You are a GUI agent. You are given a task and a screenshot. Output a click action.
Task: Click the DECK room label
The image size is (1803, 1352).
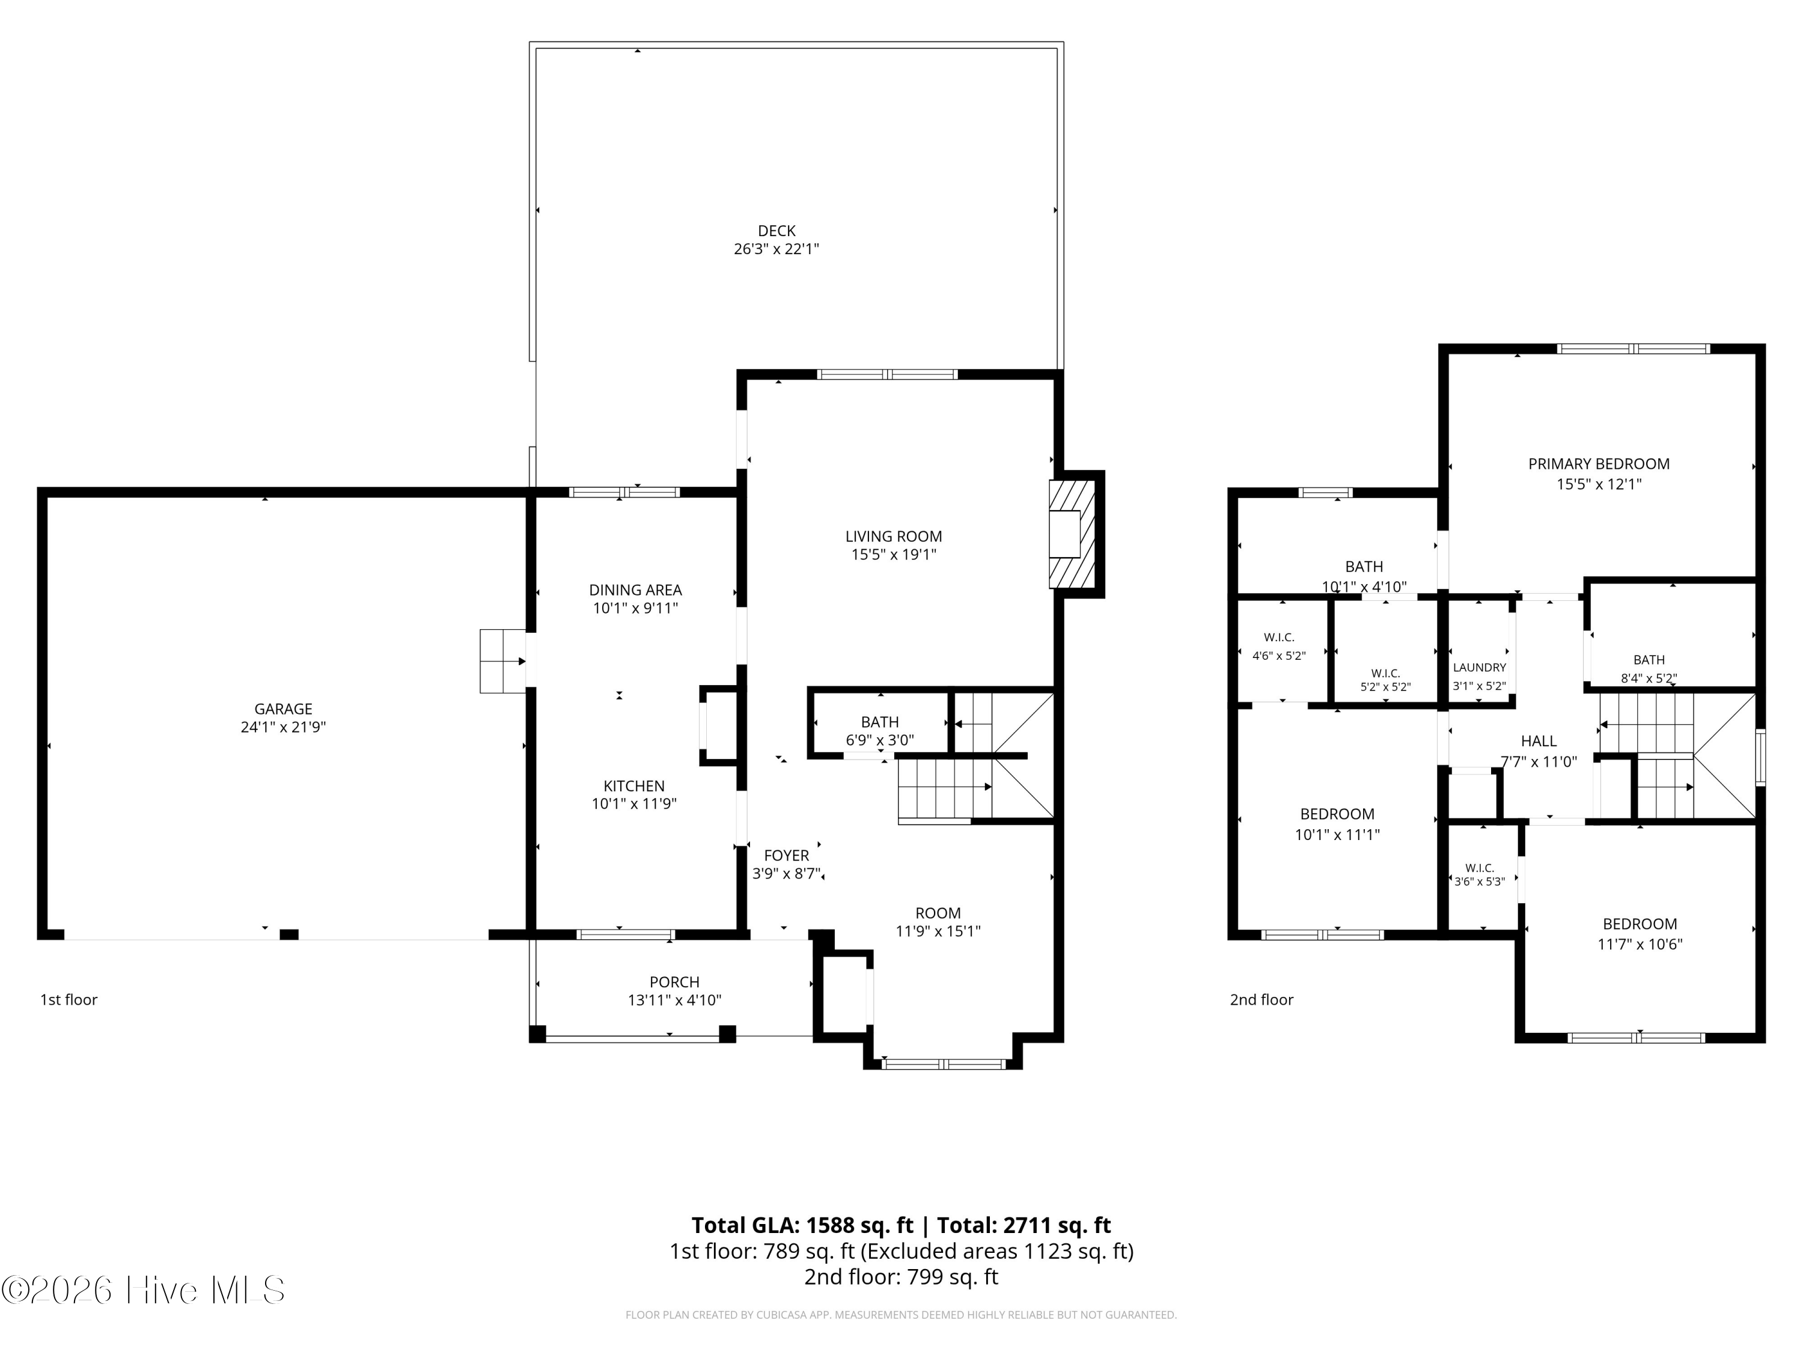(x=776, y=231)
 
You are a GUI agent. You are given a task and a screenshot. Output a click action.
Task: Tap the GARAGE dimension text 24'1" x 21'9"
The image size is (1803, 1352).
(x=283, y=727)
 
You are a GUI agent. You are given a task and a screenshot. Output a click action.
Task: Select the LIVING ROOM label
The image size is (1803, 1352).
(x=893, y=536)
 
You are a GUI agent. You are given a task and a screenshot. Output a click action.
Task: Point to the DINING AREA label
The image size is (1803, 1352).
(x=636, y=590)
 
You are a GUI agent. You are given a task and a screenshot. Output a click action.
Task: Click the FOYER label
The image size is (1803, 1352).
(x=787, y=856)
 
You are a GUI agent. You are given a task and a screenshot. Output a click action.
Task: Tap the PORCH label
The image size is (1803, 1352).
(x=675, y=982)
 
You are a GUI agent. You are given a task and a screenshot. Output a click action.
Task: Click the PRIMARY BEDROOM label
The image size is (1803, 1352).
(x=1599, y=464)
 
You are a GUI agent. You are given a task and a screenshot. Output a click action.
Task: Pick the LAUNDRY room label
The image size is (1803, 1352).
(x=1480, y=668)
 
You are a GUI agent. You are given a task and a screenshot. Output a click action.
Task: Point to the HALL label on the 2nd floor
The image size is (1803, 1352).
(x=1539, y=741)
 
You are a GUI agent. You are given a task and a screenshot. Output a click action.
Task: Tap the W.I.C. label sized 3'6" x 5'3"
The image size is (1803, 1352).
(x=1480, y=874)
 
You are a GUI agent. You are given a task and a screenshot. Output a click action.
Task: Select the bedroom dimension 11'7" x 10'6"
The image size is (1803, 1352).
(x=1640, y=945)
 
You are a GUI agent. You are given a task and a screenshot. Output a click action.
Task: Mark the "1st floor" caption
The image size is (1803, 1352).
(x=69, y=1000)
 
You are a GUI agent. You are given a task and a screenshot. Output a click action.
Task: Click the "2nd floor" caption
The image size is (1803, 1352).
(x=1261, y=1000)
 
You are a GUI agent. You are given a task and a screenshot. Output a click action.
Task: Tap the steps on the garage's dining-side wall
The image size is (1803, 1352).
(x=503, y=661)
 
